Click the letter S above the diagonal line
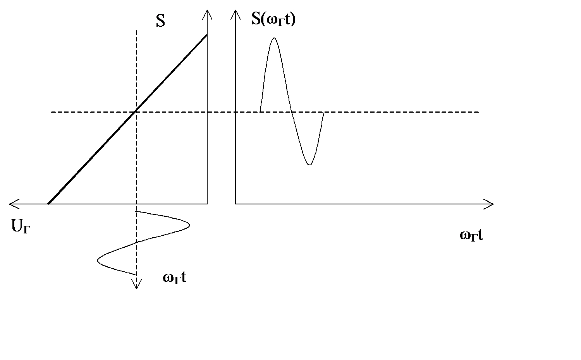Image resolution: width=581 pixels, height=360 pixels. click(160, 21)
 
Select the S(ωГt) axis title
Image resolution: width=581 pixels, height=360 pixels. click(273, 19)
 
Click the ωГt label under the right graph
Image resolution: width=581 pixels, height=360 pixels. click(471, 235)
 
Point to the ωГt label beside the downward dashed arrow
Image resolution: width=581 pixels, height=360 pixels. click(175, 277)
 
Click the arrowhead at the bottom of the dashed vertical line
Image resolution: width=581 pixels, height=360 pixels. click(136, 286)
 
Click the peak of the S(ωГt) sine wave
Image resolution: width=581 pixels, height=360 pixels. click(274, 38)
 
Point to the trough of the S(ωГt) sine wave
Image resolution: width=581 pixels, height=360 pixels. click(309, 165)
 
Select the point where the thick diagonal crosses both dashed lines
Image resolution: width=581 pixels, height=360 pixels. click(136, 112)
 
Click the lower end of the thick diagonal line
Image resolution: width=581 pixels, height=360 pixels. click(48, 203)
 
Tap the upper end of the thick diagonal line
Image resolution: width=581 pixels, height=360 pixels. click(207, 35)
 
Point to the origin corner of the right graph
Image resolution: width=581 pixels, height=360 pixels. click(235, 204)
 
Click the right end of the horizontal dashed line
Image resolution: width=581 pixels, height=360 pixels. click(479, 112)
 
